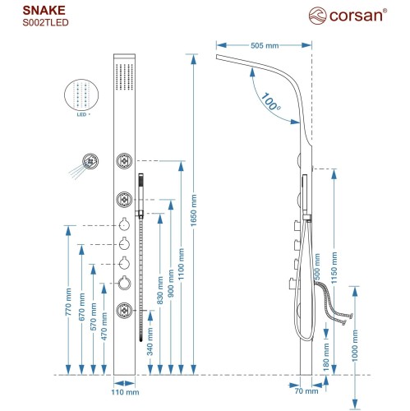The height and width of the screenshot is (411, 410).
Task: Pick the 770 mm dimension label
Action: (69, 301)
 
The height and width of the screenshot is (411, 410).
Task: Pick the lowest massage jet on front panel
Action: (124, 311)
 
